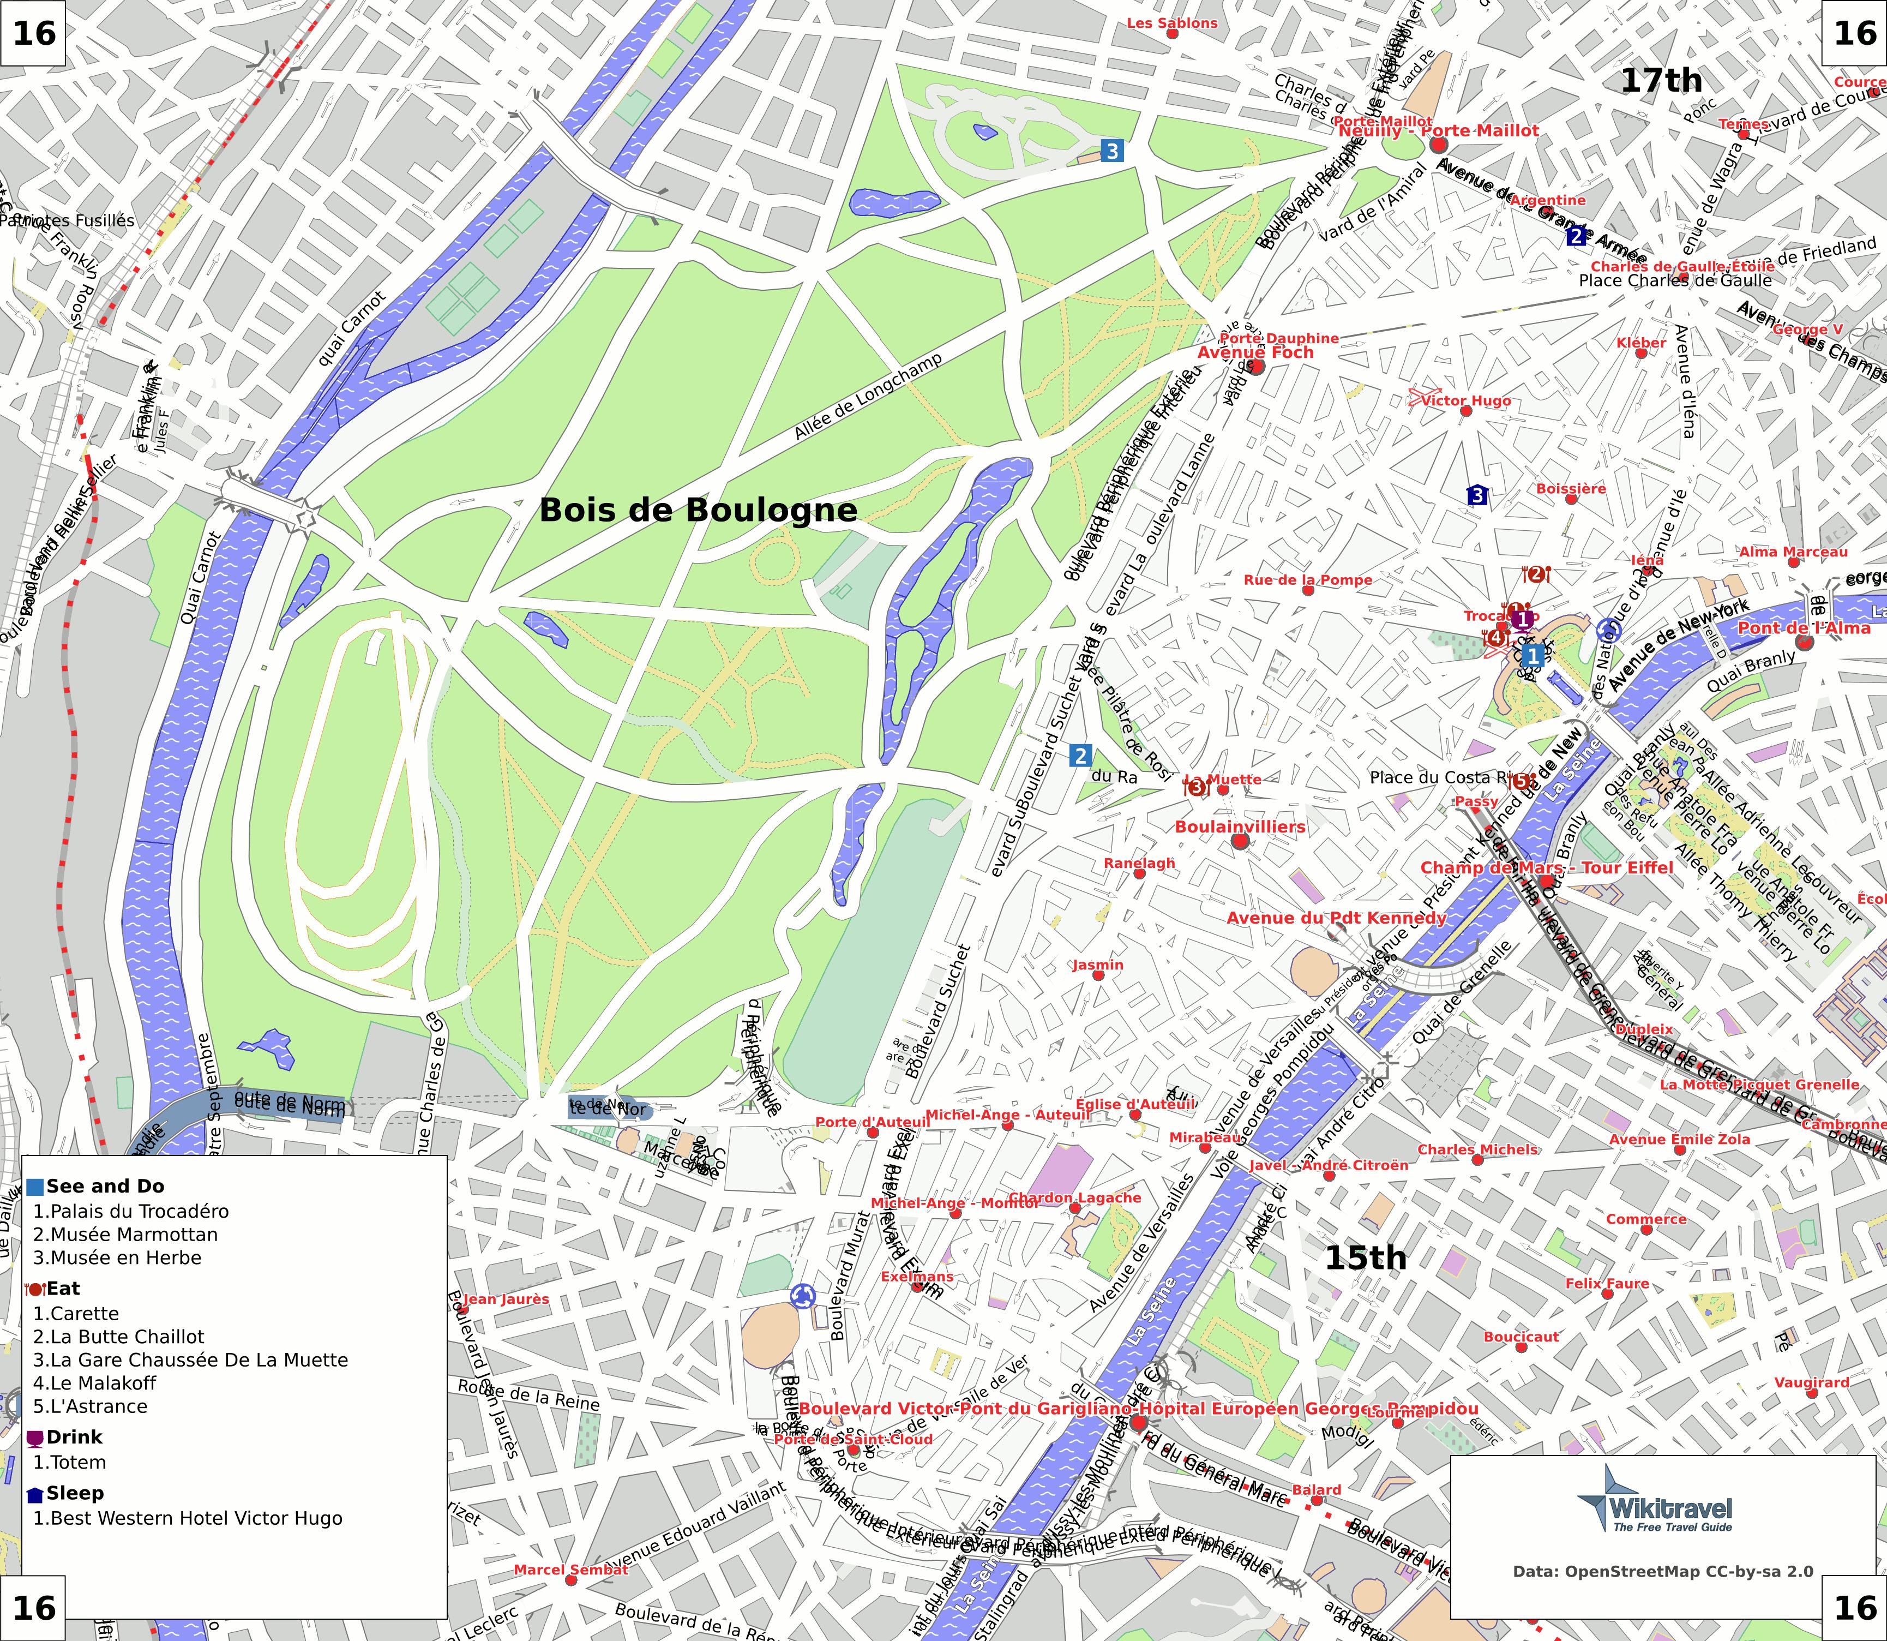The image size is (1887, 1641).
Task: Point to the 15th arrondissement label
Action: point(1365,1257)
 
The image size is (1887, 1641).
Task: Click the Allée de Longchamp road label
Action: point(867,397)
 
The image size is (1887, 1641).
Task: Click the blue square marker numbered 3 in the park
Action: point(1111,150)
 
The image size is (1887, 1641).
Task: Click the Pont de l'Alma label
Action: point(1804,627)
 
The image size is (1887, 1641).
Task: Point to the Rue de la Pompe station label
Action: point(1307,580)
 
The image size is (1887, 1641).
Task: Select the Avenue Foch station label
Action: point(1255,352)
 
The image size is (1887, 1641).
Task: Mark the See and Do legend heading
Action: point(104,1186)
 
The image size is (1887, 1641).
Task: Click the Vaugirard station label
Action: point(1811,1382)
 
